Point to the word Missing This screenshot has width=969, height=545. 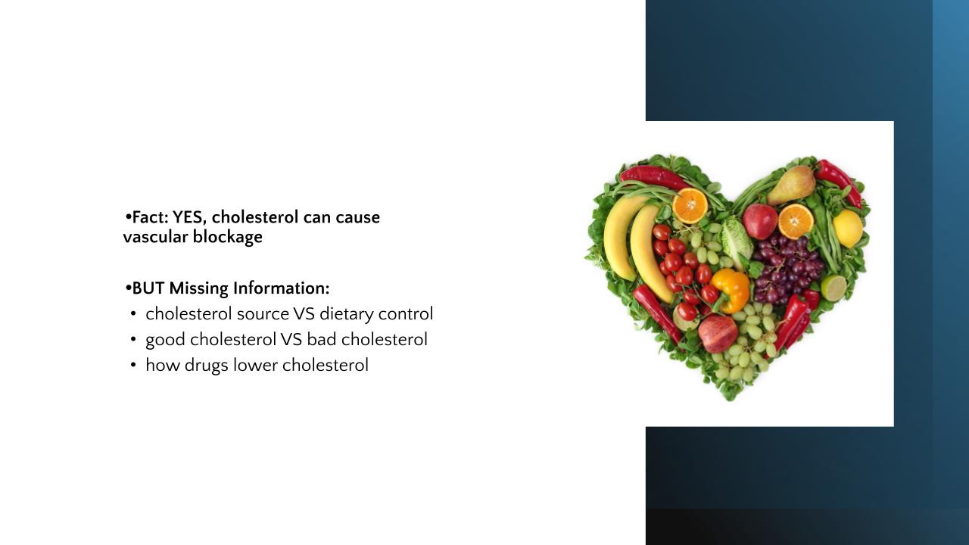(198, 288)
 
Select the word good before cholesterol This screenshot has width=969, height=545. (165, 341)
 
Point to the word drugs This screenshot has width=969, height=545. (207, 366)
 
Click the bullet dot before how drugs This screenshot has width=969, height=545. (132, 366)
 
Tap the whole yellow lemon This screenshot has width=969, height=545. (847, 229)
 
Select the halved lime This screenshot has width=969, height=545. (833, 288)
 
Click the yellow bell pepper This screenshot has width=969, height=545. (731, 290)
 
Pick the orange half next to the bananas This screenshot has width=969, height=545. (690, 206)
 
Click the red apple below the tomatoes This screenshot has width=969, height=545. (718, 334)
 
